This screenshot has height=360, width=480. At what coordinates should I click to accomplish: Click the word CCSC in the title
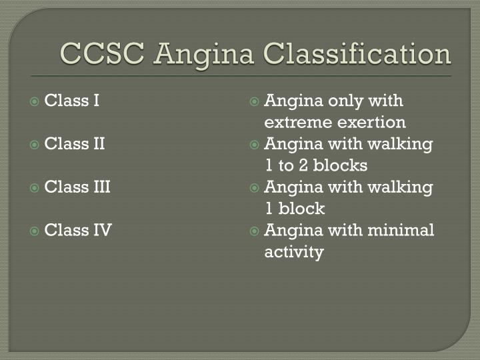click(103, 53)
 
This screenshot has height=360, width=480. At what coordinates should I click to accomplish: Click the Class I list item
click(72, 101)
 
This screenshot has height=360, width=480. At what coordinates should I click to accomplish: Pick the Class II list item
click(75, 144)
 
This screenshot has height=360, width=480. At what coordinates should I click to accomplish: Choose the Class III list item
click(77, 187)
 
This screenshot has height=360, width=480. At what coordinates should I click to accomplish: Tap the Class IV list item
click(78, 231)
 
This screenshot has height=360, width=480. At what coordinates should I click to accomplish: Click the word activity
click(294, 252)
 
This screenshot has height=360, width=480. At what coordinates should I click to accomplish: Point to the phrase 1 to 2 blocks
click(316, 165)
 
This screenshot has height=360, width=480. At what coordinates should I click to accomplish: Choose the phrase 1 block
click(295, 209)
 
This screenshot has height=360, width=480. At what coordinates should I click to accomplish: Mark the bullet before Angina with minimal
click(254, 231)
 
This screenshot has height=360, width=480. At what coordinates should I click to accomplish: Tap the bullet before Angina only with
click(254, 102)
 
